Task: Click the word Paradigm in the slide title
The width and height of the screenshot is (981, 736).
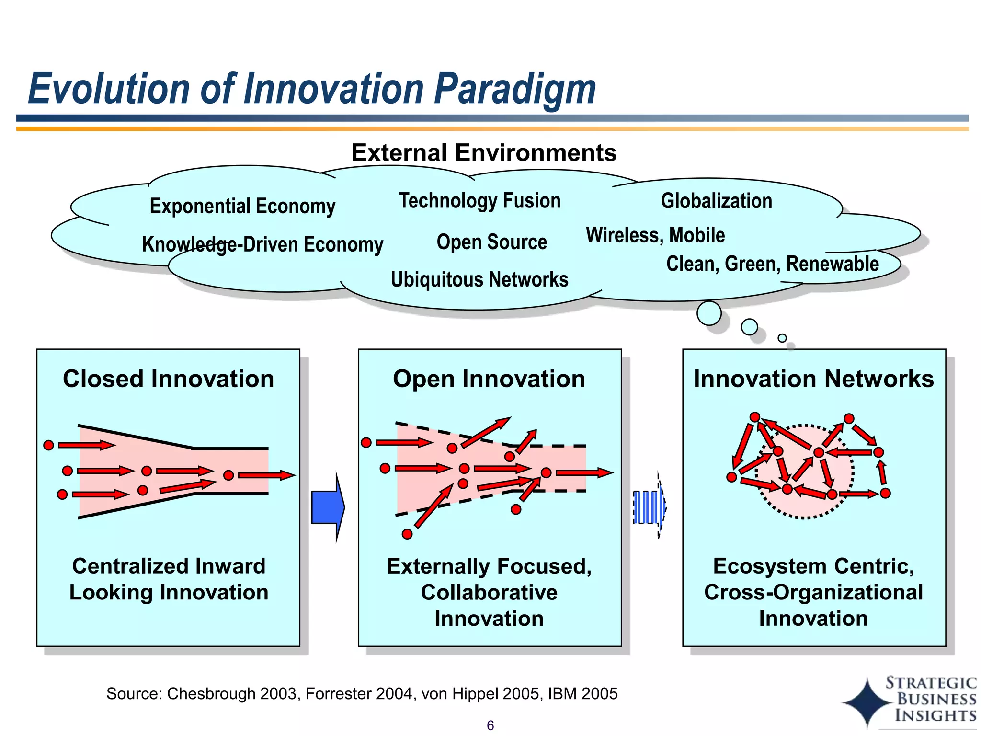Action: pyautogui.click(x=515, y=89)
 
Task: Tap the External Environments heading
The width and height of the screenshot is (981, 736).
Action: pyautogui.click(x=484, y=153)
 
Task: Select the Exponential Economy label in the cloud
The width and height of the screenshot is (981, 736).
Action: pyautogui.click(x=242, y=206)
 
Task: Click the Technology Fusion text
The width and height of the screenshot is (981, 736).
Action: pyautogui.click(x=479, y=200)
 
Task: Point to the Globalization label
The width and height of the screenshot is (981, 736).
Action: pyautogui.click(x=716, y=201)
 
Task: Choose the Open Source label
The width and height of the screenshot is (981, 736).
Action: pyautogui.click(x=491, y=242)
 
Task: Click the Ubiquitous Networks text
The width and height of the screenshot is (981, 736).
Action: pyautogui.click(x=479, y=279)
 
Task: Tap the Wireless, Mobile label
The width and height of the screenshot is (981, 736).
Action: pyautogui.click(x=655, y=235)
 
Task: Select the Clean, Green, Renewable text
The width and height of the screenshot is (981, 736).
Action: pyautogui.click(x=772, y=264)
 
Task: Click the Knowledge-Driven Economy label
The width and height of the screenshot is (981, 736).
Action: pyautogui.click(x=262, y=244)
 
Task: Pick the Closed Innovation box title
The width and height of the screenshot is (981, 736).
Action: pyautogui.click(x=168, y=379)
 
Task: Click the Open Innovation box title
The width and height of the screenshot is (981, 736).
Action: pyautogui.click(x=489, y=379)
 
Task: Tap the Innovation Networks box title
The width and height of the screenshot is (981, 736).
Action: pyautogui.click(x=813, y=379)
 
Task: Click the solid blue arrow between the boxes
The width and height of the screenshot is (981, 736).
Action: pyautogui.click(x=328, y=507)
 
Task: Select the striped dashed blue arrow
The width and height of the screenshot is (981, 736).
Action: pyautogui.click(x=650, y=507)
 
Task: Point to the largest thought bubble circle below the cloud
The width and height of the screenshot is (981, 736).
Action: pyautogui.click(x=709, y=313)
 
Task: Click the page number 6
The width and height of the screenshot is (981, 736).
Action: pyautogui.click(x=490, y=725)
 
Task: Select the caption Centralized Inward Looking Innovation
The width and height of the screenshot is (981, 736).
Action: pyautogui.click(x=169, y=579)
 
